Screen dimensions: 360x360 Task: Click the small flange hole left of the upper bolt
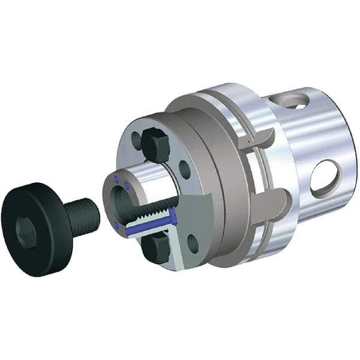(x=136, y=142)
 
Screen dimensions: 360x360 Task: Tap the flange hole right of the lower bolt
(x=193, y=243)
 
